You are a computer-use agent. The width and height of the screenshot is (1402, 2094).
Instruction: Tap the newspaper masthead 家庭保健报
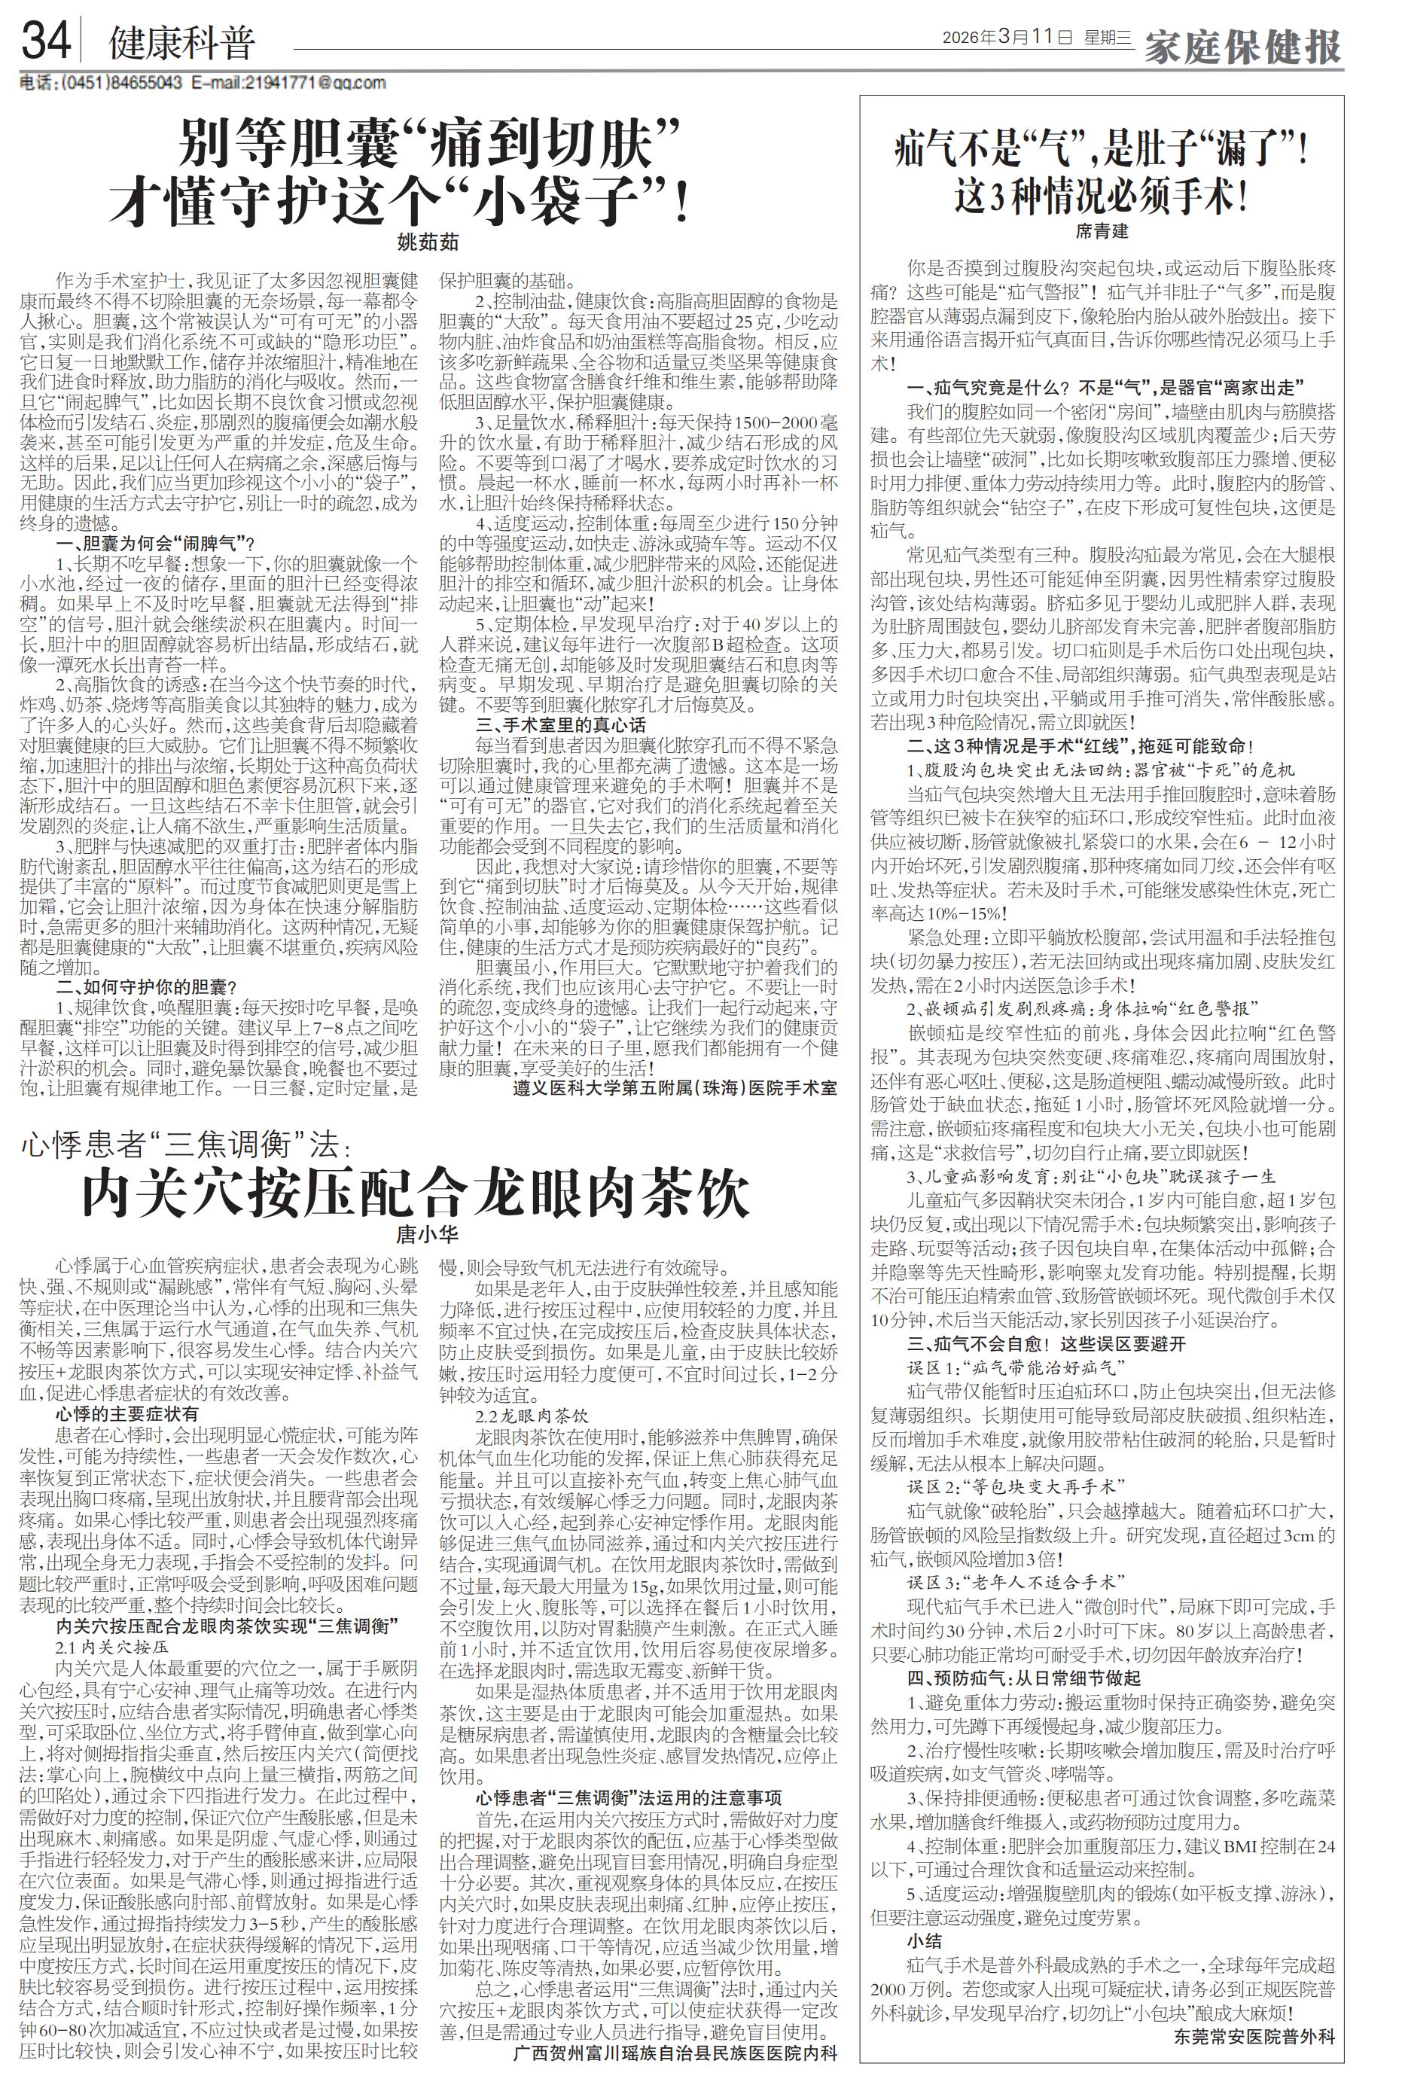(1243, 44)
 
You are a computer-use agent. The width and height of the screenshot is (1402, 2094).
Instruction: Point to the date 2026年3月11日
(1007, 38)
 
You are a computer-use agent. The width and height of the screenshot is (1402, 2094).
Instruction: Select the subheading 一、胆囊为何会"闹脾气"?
(157, 543)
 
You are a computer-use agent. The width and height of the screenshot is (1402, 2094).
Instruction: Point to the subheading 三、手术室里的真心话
(561, 725)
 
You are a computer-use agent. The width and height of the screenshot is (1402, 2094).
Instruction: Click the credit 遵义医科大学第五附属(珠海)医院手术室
(675, 1088)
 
